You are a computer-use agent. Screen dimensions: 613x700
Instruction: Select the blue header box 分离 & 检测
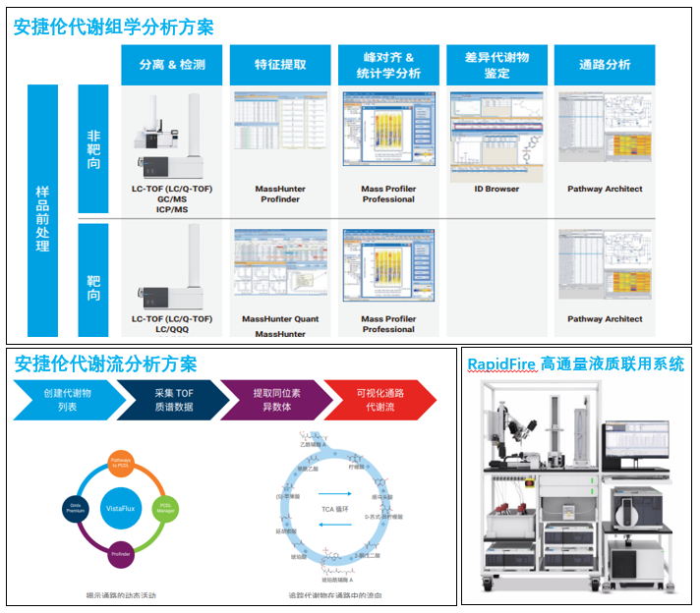click(172, 65)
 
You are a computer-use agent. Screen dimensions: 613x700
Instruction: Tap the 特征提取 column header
click(280, 65)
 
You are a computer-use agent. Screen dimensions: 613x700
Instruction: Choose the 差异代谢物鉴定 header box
click(496, 65)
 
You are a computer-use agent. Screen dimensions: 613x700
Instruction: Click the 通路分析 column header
click(606, 65)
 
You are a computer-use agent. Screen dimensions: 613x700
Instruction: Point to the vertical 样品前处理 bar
click(42, 211)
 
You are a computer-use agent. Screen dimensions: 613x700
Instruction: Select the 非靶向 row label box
click(93, 148)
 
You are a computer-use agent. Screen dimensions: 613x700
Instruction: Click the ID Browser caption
click(496, 189)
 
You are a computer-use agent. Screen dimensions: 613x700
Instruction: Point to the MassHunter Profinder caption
click(280, 194)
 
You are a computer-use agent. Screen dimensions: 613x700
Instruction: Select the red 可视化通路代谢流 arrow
click(379, 400)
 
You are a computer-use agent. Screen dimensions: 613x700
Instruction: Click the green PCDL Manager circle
click(165, 508)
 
